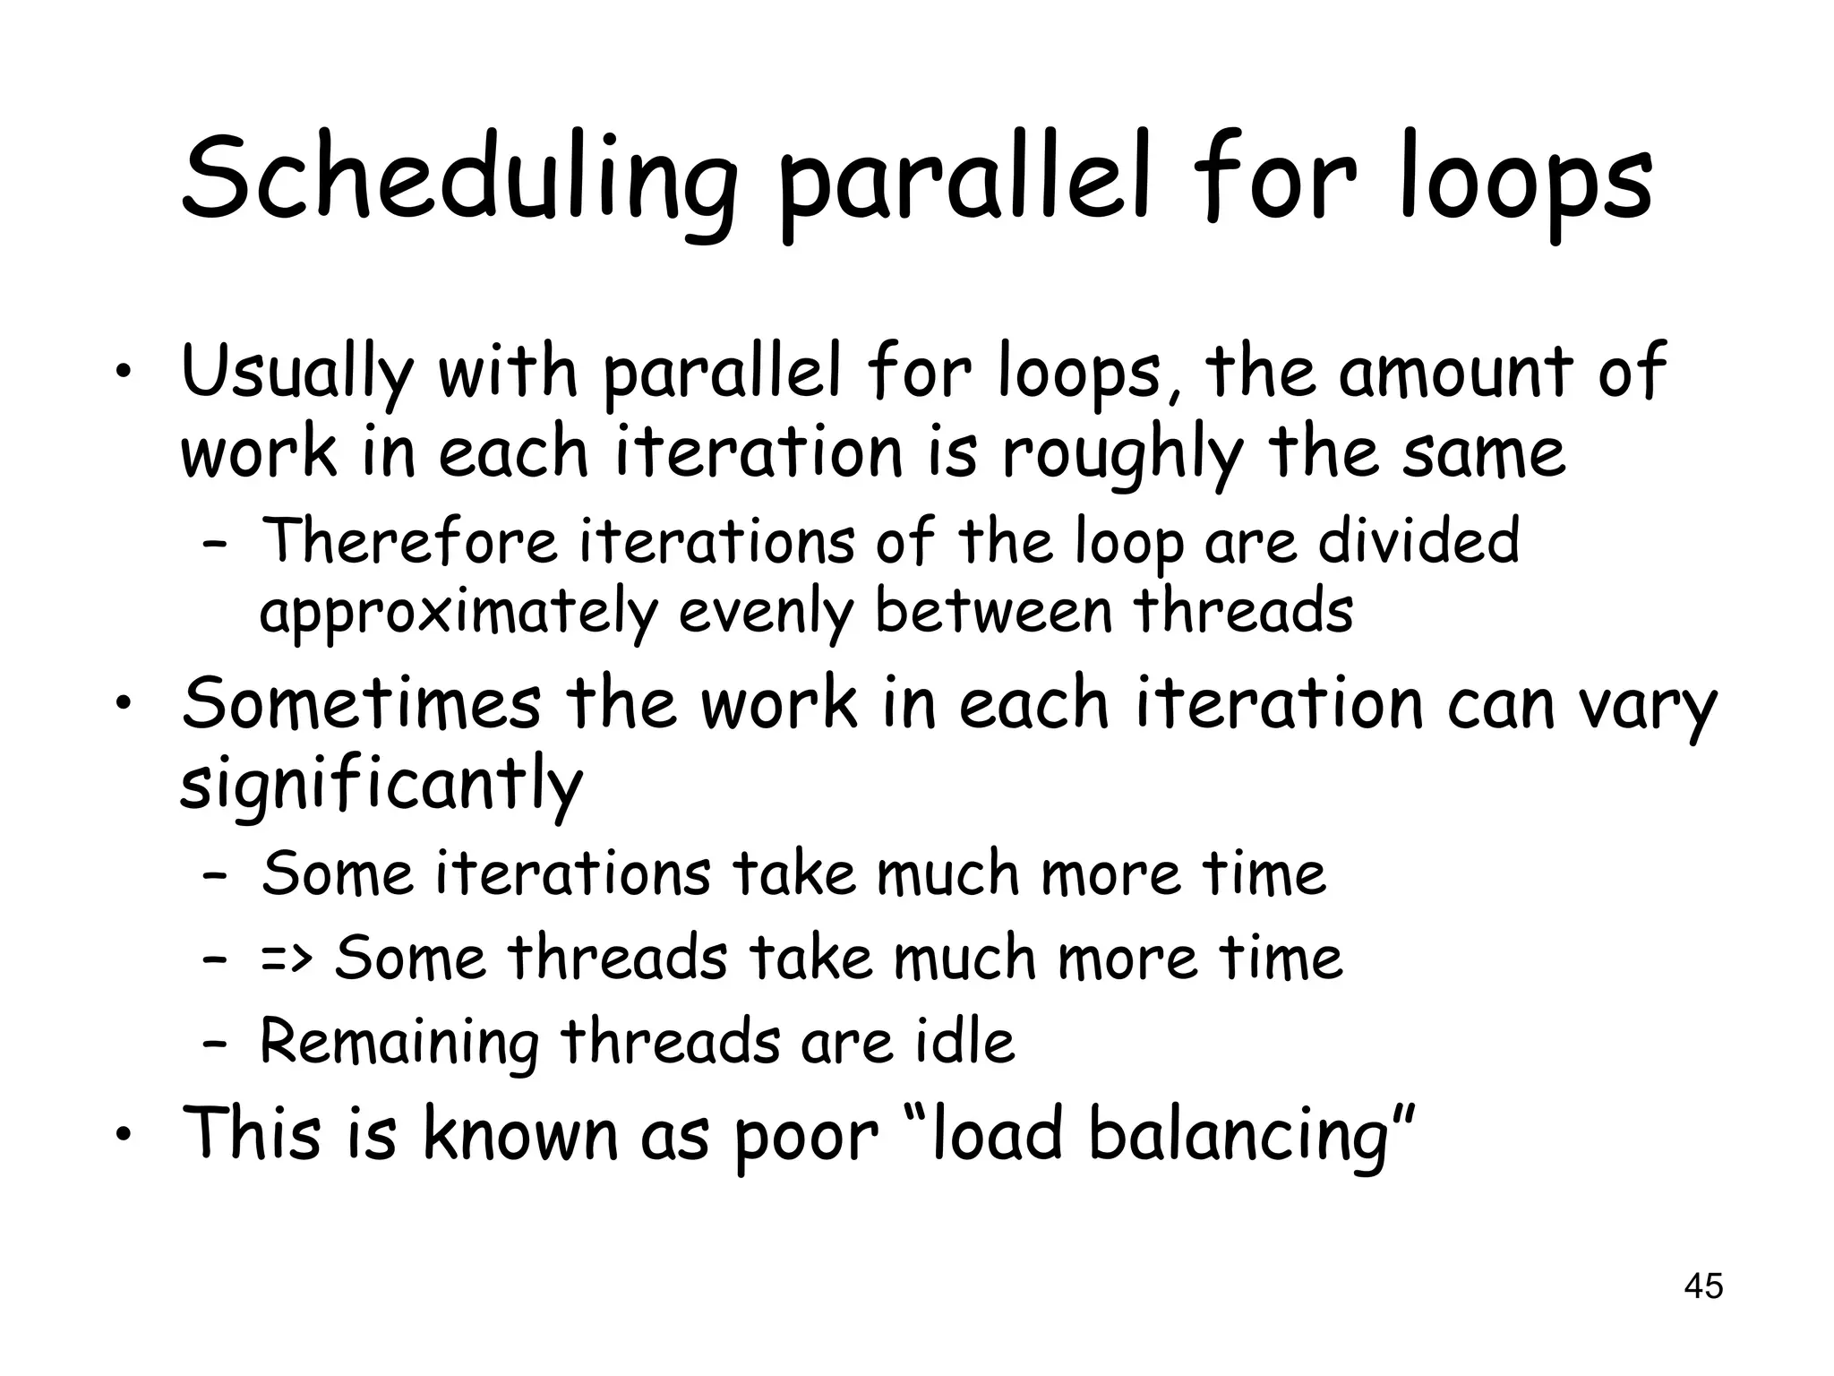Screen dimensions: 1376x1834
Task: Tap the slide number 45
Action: pyautogui.click(x=1703, y=1286)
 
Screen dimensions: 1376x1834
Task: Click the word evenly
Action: pyautogui.click(x=767, y=614)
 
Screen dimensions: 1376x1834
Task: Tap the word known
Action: pyautogui.click(x=519, y=1133)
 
